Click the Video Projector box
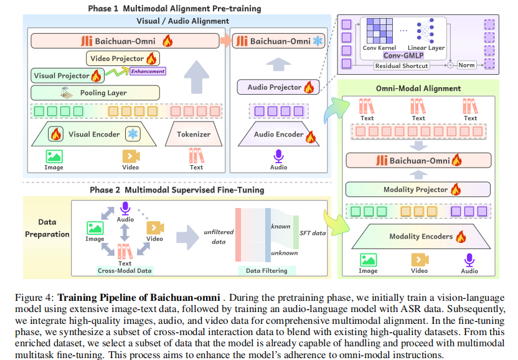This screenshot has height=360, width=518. pyautogui.click(x=122, y=59)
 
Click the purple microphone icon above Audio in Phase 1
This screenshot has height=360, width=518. pyautogui.click(x=278, y=156)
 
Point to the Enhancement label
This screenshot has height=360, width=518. pyautogui.click(x=147, y=71)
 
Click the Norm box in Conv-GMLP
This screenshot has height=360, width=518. pyautogui.click(x=466, y=65)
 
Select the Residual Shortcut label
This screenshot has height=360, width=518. pyautogui.click(x=401, y=65)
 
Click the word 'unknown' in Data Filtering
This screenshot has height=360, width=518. pyautogui.click(x=284, y=253)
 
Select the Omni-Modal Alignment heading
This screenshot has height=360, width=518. pyautogui.click(x=418, y=88)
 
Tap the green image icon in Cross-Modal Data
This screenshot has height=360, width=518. pyautogui.click(x=95, y=228)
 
